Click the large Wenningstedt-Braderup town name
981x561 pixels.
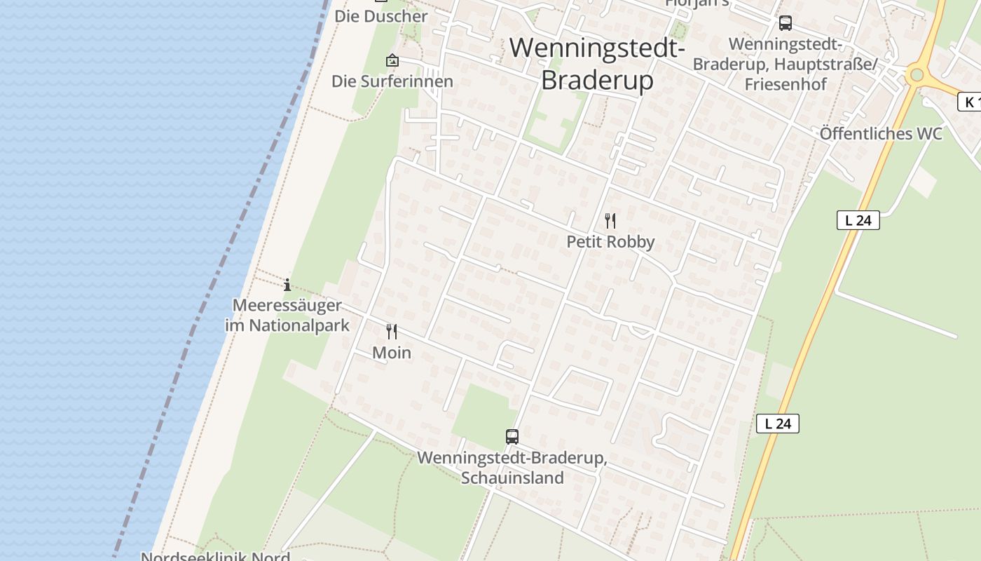[597, 64]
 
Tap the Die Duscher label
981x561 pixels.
[380, 15]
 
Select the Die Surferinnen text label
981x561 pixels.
[392, 81]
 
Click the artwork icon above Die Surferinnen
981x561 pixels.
[392, 60]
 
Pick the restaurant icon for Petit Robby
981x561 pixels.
[610, 221]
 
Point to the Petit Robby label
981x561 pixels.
[610, 242]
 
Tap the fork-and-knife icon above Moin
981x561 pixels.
[392, 332]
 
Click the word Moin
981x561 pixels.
[392, 353]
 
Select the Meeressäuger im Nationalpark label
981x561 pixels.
[287, 316]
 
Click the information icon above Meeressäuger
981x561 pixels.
[287, 285]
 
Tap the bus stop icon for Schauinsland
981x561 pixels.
[512, 437]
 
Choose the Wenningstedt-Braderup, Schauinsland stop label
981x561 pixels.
[512, 468]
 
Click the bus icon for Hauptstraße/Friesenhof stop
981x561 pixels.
[786, 23]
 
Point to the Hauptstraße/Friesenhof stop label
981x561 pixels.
[786, 64]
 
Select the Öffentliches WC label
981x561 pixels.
[881, 134]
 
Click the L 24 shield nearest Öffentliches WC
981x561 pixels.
[858, 220]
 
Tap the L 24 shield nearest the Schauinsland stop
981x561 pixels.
[778, 423]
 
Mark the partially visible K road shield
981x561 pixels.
[969, 102]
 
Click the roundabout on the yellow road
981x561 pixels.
[916, 74]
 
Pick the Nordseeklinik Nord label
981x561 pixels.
[216, 557]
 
